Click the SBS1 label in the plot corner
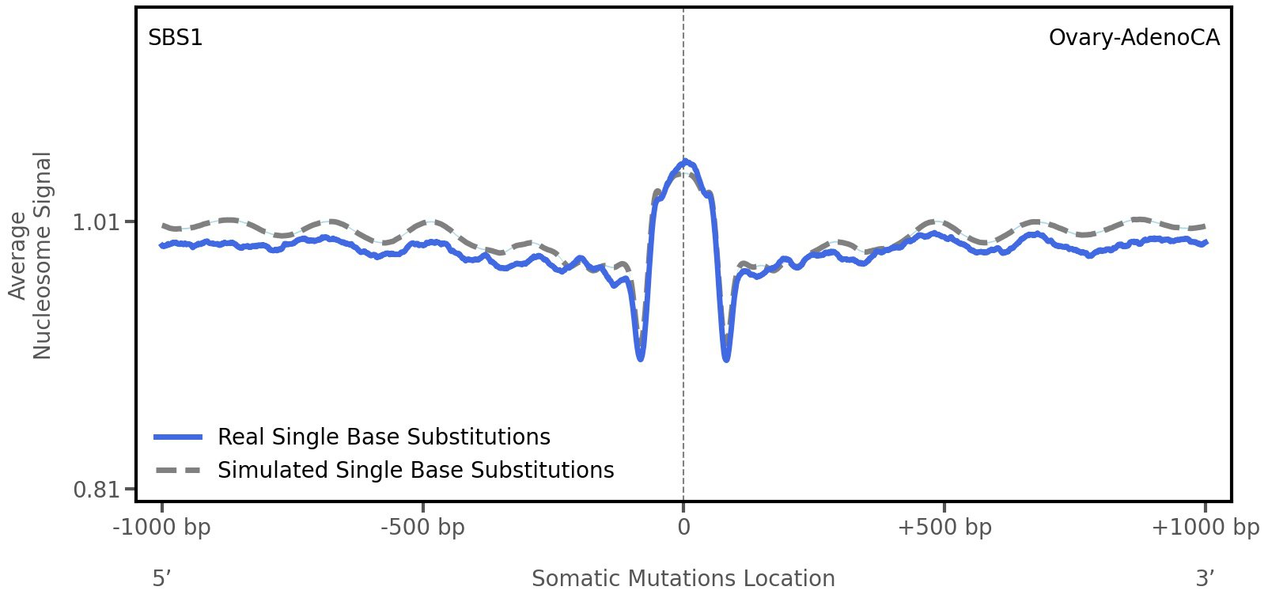[176, 38]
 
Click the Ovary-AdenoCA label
[1134, 38]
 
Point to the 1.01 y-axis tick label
[96, 222]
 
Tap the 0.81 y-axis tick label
[96, 490]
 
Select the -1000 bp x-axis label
[162, 528]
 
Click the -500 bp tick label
[422, 528]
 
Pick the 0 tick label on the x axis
[683, 528]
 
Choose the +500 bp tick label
[944, 528]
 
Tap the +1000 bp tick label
[1205, 528]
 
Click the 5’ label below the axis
[162, 579]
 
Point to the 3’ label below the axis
[1205, 579]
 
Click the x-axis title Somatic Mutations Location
[683, 579]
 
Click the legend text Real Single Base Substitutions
[384, 437]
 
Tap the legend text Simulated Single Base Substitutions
[415, 471]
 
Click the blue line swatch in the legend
[179, 437]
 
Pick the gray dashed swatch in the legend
[179, 471]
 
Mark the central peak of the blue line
[685, 162]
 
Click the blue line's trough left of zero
[641, 358]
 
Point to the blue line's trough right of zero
[726, 359]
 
